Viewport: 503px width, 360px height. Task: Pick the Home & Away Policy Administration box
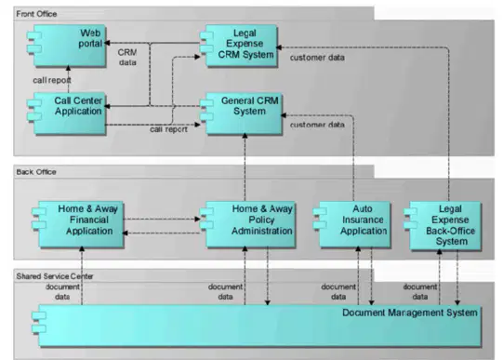(247, 224)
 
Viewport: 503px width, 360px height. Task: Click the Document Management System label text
(410, 313)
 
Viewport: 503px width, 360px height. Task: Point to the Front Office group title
(36, 14)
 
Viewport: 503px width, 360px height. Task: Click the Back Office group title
(36, 172)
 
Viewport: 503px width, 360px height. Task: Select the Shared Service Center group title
(55, 276)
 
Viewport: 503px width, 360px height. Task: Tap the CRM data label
(127, 57)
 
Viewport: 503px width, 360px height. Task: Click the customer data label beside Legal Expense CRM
(317, 58)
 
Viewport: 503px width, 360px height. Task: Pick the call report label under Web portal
(52, 80)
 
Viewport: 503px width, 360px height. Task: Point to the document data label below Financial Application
(62, 292)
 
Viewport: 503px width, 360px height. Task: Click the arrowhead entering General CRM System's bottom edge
(245, 136)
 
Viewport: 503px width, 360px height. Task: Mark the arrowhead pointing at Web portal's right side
(108, 43)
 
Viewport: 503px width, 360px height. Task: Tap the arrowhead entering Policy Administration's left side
(197, 220)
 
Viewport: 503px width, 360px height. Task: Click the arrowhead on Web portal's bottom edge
(68, 68)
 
